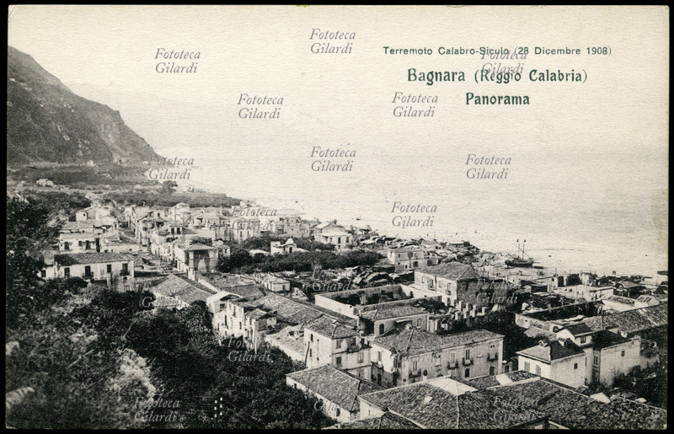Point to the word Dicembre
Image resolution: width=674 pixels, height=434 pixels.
559,51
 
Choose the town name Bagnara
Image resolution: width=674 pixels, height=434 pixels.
436,76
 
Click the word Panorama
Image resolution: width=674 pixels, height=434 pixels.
497,99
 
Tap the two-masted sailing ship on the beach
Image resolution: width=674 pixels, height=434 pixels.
520,255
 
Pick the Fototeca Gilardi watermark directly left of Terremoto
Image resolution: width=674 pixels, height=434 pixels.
333,41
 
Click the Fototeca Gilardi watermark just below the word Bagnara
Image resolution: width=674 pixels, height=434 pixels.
415,104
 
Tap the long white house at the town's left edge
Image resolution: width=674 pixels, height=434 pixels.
88,267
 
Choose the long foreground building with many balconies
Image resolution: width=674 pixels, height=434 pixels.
438,354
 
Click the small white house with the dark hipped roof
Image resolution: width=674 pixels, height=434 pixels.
553,361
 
